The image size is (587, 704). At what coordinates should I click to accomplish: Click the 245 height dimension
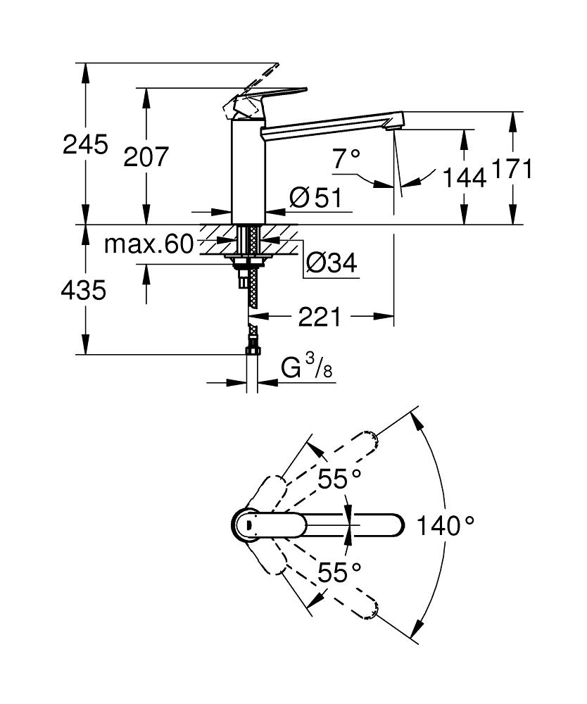click(x=86, y=145)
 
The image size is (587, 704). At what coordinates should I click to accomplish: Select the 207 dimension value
click(x=146, y=157)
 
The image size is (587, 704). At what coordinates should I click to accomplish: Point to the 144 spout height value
click(x=465, y=178)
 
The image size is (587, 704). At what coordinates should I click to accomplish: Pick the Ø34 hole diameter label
click(x=331, y=264)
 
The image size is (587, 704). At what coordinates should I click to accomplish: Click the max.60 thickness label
click(x=149, y=245)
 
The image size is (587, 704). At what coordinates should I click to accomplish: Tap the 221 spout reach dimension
click(x=320, y=318)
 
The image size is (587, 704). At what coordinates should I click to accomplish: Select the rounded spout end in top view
click(x=394, y=524)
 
